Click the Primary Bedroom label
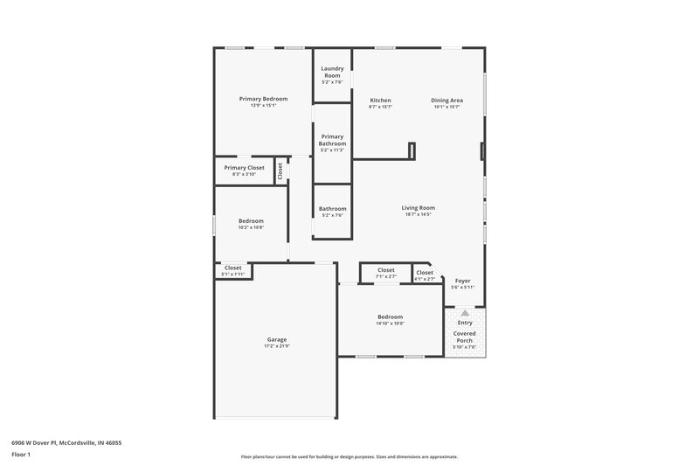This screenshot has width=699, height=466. pos(263,99)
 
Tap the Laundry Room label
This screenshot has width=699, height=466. pos(332,72)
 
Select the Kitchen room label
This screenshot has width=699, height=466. pos(380,101)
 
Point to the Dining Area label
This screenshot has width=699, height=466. pos(446,101)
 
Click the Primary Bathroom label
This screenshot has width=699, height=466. pos(332,140)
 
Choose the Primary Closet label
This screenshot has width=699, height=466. pos(244,167)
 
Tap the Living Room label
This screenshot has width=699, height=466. pos(418,208)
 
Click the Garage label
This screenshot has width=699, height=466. pos(277,339)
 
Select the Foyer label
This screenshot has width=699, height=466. pos(462,281)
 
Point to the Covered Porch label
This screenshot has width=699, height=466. pos(465,337)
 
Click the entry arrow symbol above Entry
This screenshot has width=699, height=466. pos(465,312)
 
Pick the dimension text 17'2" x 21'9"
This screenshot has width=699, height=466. pos(277,346)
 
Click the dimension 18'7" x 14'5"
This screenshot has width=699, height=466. pos(418,214)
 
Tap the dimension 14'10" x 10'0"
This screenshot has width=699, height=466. pos(390,323)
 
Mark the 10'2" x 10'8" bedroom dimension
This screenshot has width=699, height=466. pos(251,227)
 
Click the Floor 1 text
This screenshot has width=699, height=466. pos(20,456)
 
